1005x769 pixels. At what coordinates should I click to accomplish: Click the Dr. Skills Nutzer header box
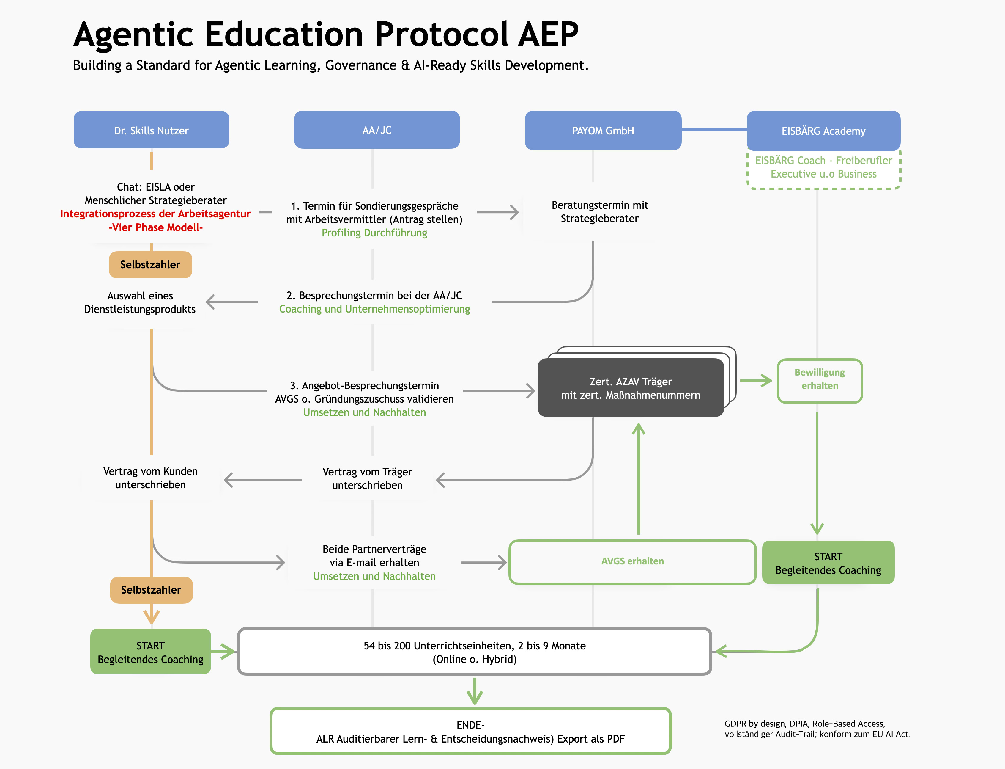152,130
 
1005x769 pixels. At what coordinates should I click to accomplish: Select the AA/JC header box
377,130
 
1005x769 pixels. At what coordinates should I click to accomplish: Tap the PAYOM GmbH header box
603,131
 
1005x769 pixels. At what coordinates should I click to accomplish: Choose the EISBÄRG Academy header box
823,131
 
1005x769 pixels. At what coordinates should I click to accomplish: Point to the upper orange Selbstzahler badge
150,265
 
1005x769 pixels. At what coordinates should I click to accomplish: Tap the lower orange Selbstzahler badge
151,590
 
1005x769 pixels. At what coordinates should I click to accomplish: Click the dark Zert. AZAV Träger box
630,388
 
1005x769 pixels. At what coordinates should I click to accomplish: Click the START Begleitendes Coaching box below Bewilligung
828,563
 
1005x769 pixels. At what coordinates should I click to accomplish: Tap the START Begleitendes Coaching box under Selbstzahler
150,652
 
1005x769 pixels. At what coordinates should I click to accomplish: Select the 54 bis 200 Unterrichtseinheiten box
474,652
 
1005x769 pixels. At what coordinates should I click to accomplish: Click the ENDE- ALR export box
470,732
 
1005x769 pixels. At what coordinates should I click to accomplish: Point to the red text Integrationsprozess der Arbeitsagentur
155,214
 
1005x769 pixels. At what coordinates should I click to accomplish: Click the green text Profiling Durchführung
374,233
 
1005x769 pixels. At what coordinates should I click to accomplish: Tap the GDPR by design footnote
817,729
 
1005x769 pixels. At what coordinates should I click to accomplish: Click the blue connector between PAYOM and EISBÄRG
714,130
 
